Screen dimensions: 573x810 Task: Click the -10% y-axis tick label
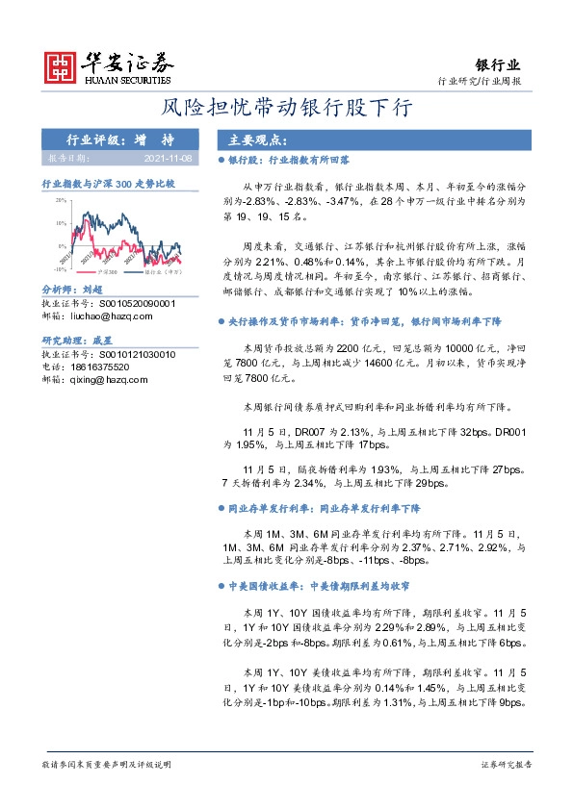(59, 270)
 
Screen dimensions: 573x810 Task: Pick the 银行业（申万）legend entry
(163, 272)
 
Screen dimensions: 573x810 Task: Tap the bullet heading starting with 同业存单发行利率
(322, 506)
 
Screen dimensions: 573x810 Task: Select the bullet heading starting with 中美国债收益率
(315, 585)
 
